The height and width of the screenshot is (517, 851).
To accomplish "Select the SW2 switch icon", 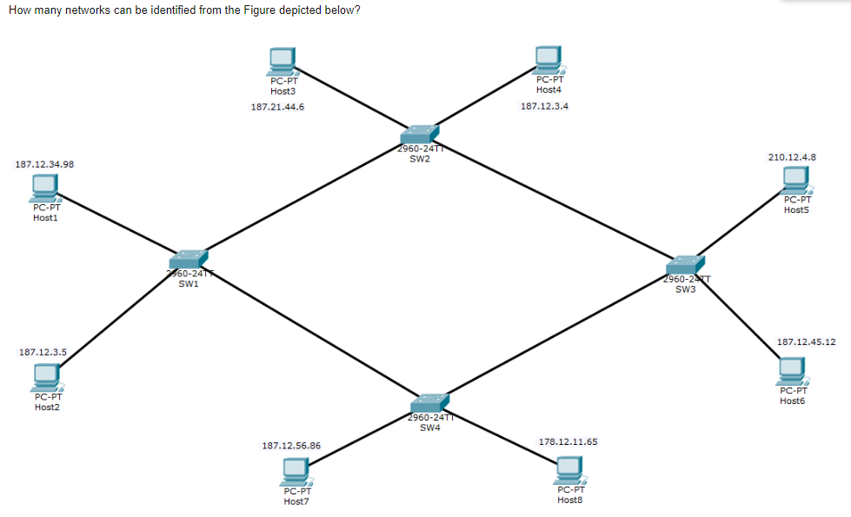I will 421,135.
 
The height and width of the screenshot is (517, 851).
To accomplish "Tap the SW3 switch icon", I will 685,265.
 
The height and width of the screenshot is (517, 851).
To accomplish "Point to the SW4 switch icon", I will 429,403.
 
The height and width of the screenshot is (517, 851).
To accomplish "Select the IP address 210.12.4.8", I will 791,157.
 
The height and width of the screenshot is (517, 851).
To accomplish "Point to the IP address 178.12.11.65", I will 568,441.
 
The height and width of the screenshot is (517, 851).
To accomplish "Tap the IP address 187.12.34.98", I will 44,163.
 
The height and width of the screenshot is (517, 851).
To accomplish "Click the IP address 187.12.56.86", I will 291,446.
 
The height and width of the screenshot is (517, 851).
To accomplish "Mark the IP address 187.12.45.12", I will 806,341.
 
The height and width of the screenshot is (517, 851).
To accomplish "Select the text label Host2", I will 47,407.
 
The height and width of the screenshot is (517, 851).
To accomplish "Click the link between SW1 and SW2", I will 304,197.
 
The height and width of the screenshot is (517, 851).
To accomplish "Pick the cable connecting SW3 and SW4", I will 556,335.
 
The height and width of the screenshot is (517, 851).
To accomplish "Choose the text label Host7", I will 296,501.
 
